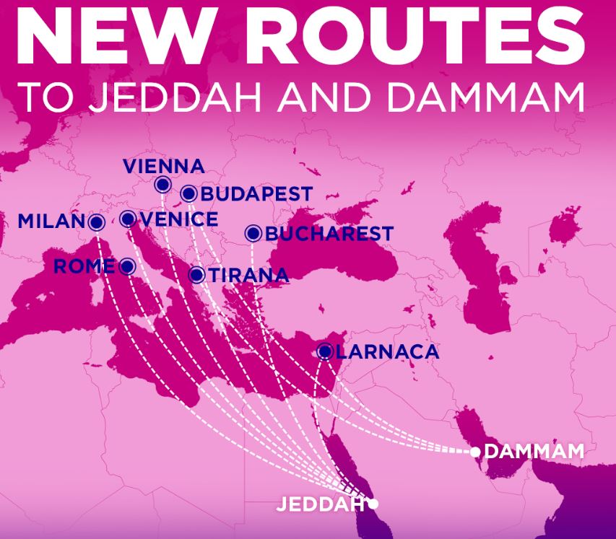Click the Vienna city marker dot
pyautogui.click(x=162, y=185)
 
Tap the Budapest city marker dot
pyautogui.click(x=188, y=193)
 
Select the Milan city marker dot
pyautogui.click(x=95, y=222)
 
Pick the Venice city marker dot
pyautogui.click(x=128, y=219)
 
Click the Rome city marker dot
pyautogui.click(x=127, y=266)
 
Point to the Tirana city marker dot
pyautogui.click(x=196, y=275)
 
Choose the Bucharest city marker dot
pyautogui.click(x=253, y=233)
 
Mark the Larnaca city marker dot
pyautogui.click(x=325, y=351)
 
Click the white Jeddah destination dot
pyautogui.click(x=373, y=503)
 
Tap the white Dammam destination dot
pyautogui.click(x=475, y=452)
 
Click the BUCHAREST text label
pyautogui.click(x=329, y=234)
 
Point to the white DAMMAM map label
pyautogui.click(x=534, y=452)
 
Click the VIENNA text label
pyautogui.click(x=164, y=166)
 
